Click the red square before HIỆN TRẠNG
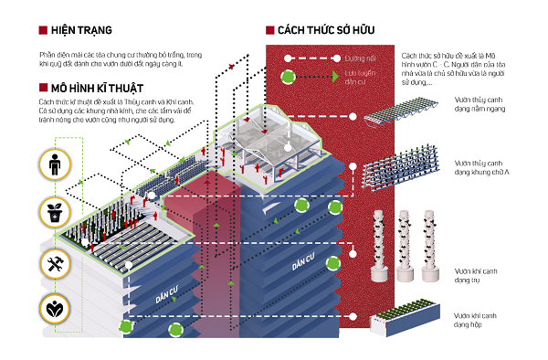pyautogui.click(x=43, y=30)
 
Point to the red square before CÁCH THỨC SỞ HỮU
pyautogui.click(x=269, y=30)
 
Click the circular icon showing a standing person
pyautogui.click(x=54, y=166)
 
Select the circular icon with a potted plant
pyautogui.click(x=54, y=213)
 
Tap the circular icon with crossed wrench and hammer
pyautogui.click(x=54, y=261)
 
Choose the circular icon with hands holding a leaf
pyautogui.click(x=54, y=307)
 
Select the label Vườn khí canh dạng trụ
pyautogui.click(x=477, y=275)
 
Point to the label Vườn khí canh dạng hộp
pyautogui.click(x=477, y=322)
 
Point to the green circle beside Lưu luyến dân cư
pyautogui.click(x=290, y=76)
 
